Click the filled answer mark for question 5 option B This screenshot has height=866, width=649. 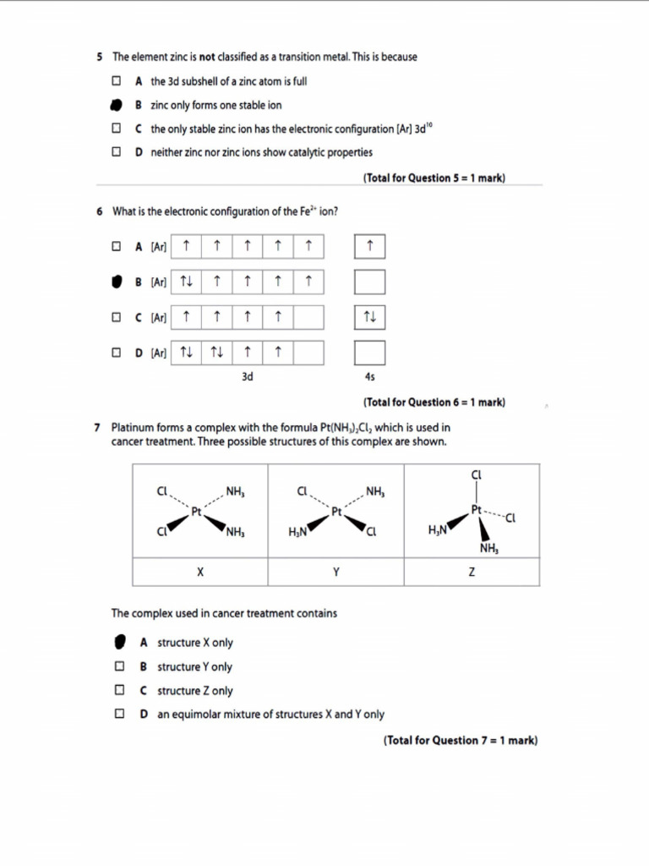pos(117,106)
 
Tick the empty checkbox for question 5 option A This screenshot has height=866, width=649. pos(117,82)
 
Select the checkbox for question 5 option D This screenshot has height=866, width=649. pos(117,153)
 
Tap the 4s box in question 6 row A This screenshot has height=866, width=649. pos(369,247)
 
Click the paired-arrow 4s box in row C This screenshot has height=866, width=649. pos(369,318)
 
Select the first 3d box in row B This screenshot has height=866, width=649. pos(186,282)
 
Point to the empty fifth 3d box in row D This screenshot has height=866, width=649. pos(308,353)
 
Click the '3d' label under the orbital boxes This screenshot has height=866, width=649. pos(247,376)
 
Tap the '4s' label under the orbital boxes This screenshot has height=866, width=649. pos(369,376)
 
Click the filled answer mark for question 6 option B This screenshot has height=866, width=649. pos(117,282)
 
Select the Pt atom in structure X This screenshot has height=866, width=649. pos(196,512)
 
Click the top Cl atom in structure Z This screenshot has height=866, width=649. pos(476,475)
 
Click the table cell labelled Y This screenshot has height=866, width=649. pos(335,572)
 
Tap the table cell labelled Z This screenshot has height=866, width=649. pos(472,572)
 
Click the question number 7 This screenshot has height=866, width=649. pos(99,428)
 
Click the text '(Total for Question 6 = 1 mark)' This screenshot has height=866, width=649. pos(434,403)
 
